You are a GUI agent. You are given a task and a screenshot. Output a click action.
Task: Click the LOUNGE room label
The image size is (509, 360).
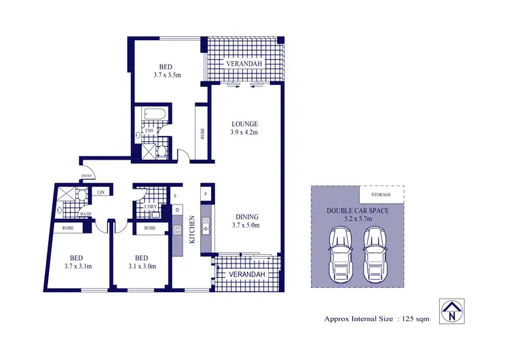(x=244, y=124)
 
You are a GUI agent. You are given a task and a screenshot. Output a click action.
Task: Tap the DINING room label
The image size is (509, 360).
(x=244, y=217)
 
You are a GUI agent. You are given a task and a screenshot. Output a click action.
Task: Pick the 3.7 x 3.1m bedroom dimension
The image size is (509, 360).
(x=78, y=267)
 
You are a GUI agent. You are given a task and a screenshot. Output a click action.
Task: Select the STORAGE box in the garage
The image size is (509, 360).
(x=381, y=194)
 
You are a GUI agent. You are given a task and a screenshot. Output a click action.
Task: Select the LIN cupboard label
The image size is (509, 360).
(x=100, y=193)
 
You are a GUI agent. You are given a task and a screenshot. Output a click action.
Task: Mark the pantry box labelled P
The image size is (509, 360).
(x=205, y=194)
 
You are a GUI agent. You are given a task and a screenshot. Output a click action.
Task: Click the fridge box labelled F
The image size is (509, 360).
(x=176, y=195)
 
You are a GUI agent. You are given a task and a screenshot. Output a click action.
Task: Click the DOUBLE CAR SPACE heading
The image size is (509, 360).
(x=358, y=211)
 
